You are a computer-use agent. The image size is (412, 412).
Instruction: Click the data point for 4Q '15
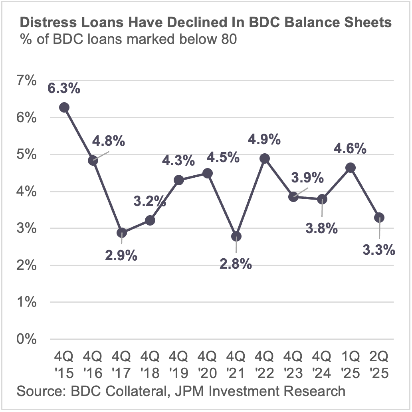tap(64, 107)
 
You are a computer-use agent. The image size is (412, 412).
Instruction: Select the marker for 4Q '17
tap(121, 233)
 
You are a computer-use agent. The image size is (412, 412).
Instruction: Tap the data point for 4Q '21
tap(236, 236)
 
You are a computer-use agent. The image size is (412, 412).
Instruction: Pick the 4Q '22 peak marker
tap(265, 158)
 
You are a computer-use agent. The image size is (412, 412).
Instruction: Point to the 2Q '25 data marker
tap(379, 218)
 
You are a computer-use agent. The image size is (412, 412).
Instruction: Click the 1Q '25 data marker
tap(351, 168)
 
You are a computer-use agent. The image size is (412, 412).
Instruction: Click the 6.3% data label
tap(64, 89)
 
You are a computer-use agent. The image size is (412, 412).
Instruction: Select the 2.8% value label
tap(236, 263)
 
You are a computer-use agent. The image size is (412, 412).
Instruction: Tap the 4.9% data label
tap(265, 140)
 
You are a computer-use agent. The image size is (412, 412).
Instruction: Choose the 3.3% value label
tap(379, 250)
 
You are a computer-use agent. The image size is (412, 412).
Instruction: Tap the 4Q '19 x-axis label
tap(178, 364)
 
